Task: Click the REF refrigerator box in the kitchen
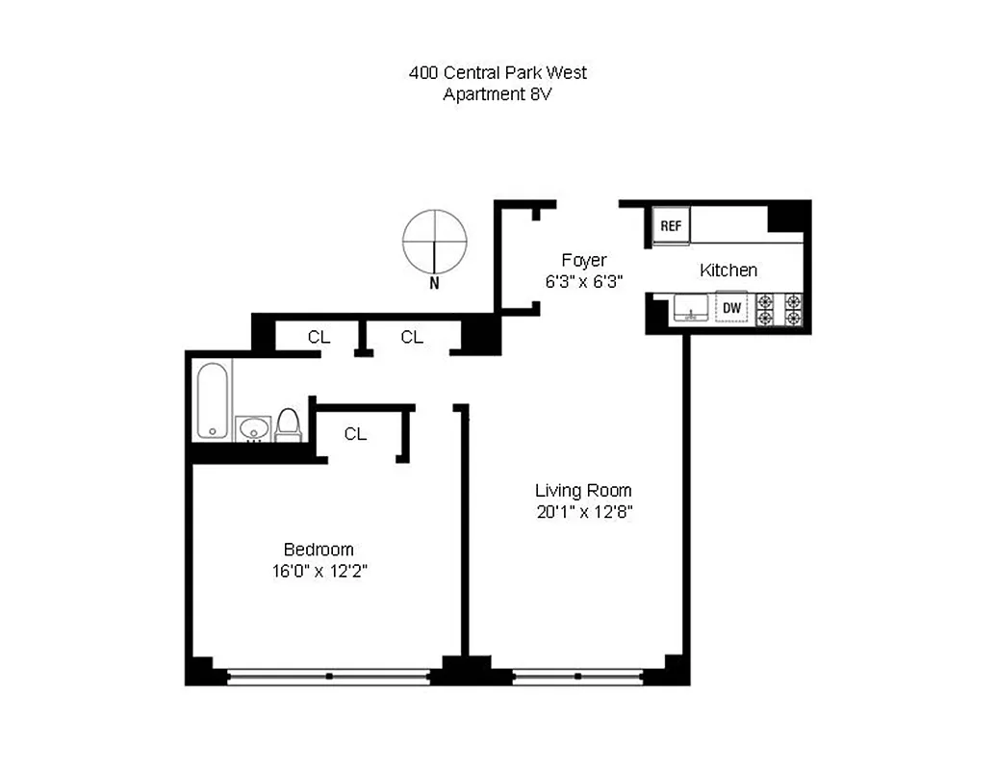click(671, 226)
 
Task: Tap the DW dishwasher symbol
click(731, 308)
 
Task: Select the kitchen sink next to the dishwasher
click(690, 308)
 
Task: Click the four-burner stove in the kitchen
click(779, 308)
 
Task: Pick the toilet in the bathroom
click(288, 424)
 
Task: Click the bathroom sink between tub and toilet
click(253, 427)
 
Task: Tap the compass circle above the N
click(435, 241)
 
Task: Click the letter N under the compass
click(434, 283)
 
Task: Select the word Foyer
click(584, 261)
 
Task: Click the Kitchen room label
click(728, 270)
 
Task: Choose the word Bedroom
click(319, 550)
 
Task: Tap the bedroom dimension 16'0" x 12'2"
click(319, 571)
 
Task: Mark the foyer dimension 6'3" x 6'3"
click(584, 282)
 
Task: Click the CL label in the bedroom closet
click(355, 434)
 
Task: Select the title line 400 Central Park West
click(498, 73)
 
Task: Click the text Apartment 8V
click(498, 94)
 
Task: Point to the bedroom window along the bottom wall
click(328, 677)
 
